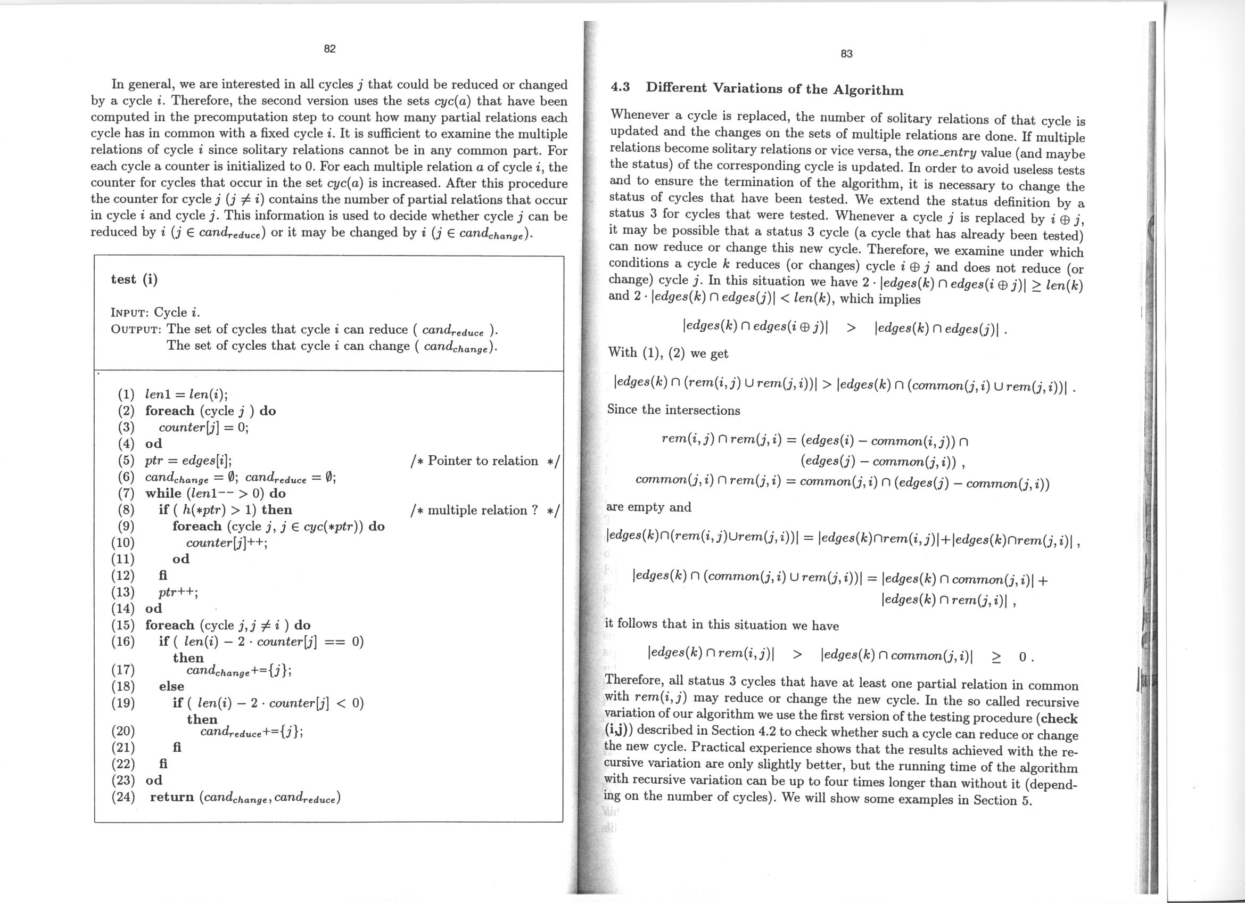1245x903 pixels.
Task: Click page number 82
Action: point(329,49)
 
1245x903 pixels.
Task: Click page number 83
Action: point(846,54)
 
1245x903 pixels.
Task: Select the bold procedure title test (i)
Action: point(134,280)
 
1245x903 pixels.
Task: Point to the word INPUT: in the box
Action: point(130,313)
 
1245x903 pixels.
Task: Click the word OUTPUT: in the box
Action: point(136,330)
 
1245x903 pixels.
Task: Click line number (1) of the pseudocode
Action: point(126,394)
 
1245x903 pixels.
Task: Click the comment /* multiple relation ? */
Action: point(484,511)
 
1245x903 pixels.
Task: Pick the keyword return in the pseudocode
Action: point(172,797)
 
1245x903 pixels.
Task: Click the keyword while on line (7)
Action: point(163,494)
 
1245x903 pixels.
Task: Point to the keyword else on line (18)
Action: point(171,686)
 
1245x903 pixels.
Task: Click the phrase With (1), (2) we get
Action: point(667,353)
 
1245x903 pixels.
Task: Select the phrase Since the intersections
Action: point(673,410)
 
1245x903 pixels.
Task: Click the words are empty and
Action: point(648,507)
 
